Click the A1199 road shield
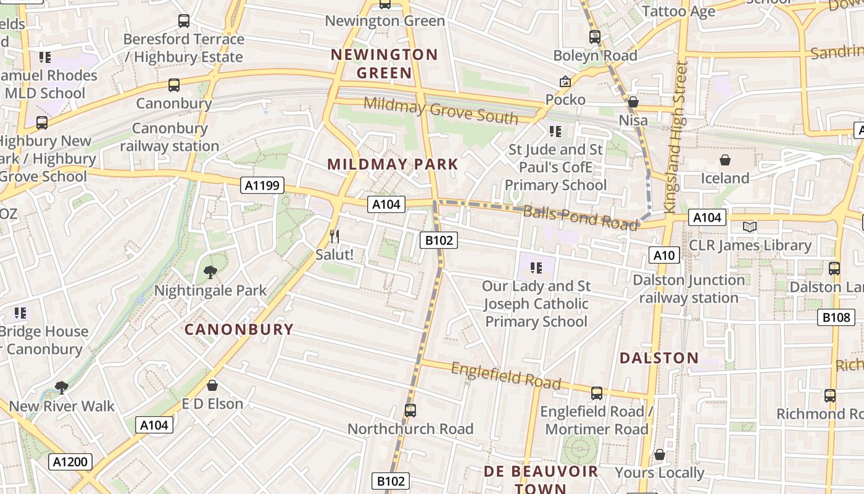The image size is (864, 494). point(262,185)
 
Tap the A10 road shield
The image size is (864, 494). point(664,255)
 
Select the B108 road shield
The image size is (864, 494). point(836,317)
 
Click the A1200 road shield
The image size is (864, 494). point(70,461)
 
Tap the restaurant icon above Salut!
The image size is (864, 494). point(334,237)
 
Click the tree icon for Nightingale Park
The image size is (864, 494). point(210,272)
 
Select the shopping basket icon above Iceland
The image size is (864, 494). point(725,161)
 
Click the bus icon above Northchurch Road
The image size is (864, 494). point(410,411)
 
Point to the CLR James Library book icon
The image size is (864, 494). point(750,227)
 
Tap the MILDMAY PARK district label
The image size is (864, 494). point(393,164)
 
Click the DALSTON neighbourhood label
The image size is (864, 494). point(659,358)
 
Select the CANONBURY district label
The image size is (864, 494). point(239,329)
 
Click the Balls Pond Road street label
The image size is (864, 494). point(579,217)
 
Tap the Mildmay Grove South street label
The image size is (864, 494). point(441,110)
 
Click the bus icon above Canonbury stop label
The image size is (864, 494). point(174,85)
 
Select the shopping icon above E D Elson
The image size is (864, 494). point(212,385)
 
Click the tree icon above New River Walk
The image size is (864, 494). point(61,388)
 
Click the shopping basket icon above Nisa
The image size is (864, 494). point(633,102)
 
